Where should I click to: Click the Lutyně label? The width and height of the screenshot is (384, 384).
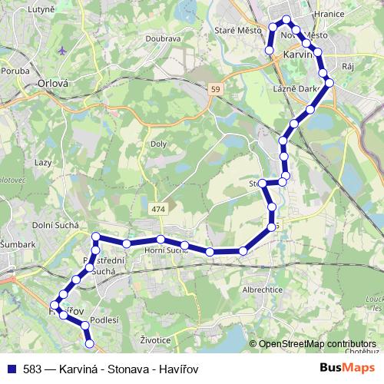tap(41, 10)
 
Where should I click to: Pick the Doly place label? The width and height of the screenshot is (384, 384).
tap(159, 144)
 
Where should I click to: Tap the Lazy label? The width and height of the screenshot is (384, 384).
tap(42, 163)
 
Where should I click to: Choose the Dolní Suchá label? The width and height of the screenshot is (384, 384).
tap(53, 224)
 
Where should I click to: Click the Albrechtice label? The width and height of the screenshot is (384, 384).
tap(263, 290)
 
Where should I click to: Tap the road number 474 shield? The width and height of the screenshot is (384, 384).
tap(158, 209)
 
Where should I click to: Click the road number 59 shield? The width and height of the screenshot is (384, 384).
tap(216, 90)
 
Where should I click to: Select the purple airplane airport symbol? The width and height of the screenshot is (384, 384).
tap(62, 51)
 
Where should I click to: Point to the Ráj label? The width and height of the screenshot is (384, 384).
tap(347, 67)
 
